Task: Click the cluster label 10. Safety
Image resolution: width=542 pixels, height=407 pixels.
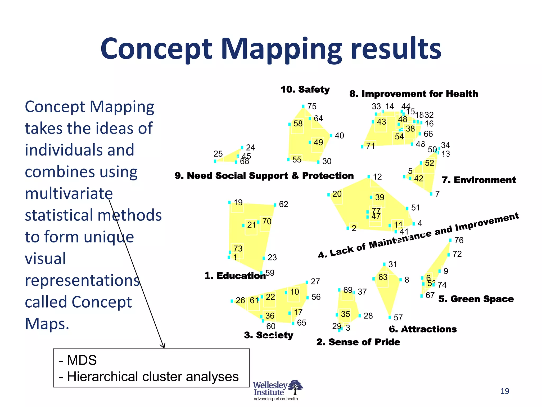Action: [x=305, y=90]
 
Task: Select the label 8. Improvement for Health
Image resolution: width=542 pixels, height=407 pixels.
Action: [x=414, y=94]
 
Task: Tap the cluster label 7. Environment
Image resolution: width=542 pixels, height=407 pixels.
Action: [x=478, y=180]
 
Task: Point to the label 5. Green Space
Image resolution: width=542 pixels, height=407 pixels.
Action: [x=476, y=299]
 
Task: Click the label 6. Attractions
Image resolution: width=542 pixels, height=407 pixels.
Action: [x=423, y=329]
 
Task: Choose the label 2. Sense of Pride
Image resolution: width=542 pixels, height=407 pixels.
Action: [x=358, y=342]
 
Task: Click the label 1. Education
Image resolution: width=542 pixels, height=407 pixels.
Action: [x=235, y=276]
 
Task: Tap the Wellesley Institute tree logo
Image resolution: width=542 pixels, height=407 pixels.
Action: [x=295, y=387]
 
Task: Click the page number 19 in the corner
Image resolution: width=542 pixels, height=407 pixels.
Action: [x=505, y=391]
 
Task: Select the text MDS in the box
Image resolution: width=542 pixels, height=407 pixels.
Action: [x=82, y=360]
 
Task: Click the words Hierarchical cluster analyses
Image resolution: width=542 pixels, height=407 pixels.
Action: [x=153, y=377]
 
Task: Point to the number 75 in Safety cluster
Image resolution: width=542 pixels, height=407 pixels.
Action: [x=312, y=107]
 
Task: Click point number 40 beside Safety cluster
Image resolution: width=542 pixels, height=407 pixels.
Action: [x=339, y=136]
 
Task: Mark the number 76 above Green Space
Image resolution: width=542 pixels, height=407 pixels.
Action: [x=459, y=240]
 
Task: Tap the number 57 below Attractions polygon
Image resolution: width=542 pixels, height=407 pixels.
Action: [x=398, y=317]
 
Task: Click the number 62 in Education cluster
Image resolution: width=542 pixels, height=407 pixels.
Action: [x=283, y=204]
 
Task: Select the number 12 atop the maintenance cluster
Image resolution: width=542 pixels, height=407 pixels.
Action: [x=377, y=177]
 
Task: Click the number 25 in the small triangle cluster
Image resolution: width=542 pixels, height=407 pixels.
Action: [x=218, y=154]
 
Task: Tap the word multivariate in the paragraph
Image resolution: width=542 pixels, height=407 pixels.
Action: [x=69, y=193]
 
